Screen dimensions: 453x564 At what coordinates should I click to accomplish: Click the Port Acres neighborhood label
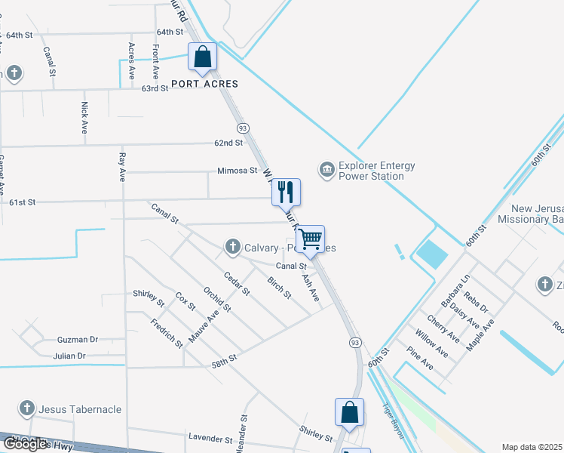tap(204, 84)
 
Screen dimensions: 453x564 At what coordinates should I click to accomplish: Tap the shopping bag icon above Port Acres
tap(203, 57)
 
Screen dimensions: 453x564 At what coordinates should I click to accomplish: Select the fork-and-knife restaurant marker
tap(287, 192)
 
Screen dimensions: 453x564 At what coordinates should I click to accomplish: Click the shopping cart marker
tap(311, 239)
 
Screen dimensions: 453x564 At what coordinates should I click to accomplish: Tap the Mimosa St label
tap(238, 171)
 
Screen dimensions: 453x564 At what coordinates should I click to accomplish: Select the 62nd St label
tap(228, 142)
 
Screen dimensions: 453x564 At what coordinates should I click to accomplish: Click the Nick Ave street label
tap(84, 117)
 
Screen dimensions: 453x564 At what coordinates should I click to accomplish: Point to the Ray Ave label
tap(121, 168)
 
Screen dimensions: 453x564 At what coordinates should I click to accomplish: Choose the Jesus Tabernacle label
tap(81, 409)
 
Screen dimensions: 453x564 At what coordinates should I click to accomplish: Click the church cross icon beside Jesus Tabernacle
tap(26, 409)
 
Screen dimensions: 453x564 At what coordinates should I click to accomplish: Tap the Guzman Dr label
tap(78, 341)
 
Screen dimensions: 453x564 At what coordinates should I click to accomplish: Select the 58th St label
tap(225, 362)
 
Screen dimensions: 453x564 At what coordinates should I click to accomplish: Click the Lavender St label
tap(210, 439)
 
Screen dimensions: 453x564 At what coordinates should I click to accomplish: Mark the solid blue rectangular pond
tap(432, 254)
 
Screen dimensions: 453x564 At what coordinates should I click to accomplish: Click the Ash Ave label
tap(311, 288)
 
